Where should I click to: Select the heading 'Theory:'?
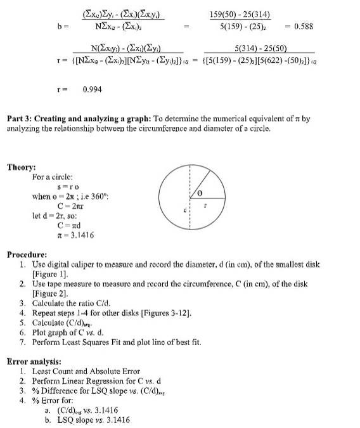[22, 167]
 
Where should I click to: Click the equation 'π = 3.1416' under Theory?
[75, 235]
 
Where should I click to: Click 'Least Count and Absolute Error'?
[86, 371]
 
